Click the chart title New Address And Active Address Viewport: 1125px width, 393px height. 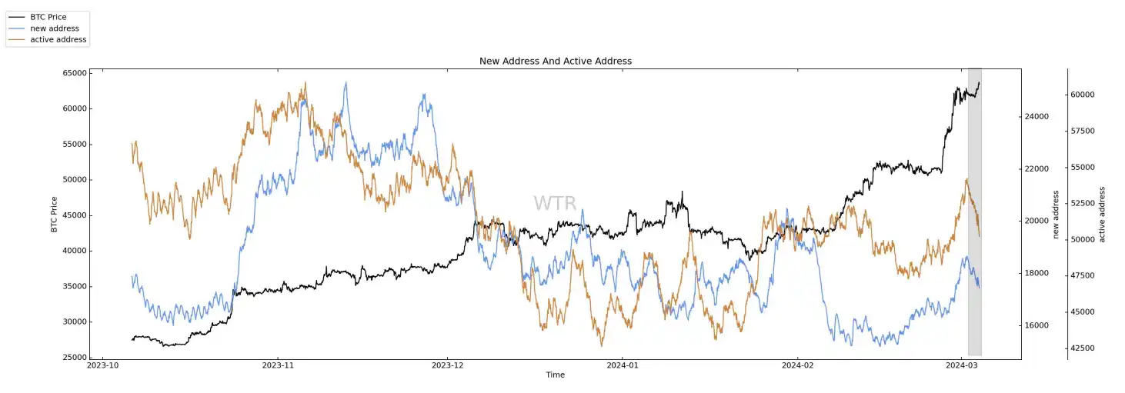coord(555,61)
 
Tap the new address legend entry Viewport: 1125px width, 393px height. coord(54,28)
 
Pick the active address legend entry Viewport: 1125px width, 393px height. coord(58,39)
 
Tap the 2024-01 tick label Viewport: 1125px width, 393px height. coord(623,366)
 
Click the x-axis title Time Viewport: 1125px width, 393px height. coord(555,375)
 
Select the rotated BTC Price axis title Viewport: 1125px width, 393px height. coord(54,215)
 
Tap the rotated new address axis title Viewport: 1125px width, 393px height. coord(1057,215)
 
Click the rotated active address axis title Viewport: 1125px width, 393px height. coord(1102,215)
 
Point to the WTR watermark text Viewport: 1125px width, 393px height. coord(555,204)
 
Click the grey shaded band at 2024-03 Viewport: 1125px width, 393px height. coord(974,231)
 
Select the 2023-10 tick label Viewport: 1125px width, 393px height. coord(103,366)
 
